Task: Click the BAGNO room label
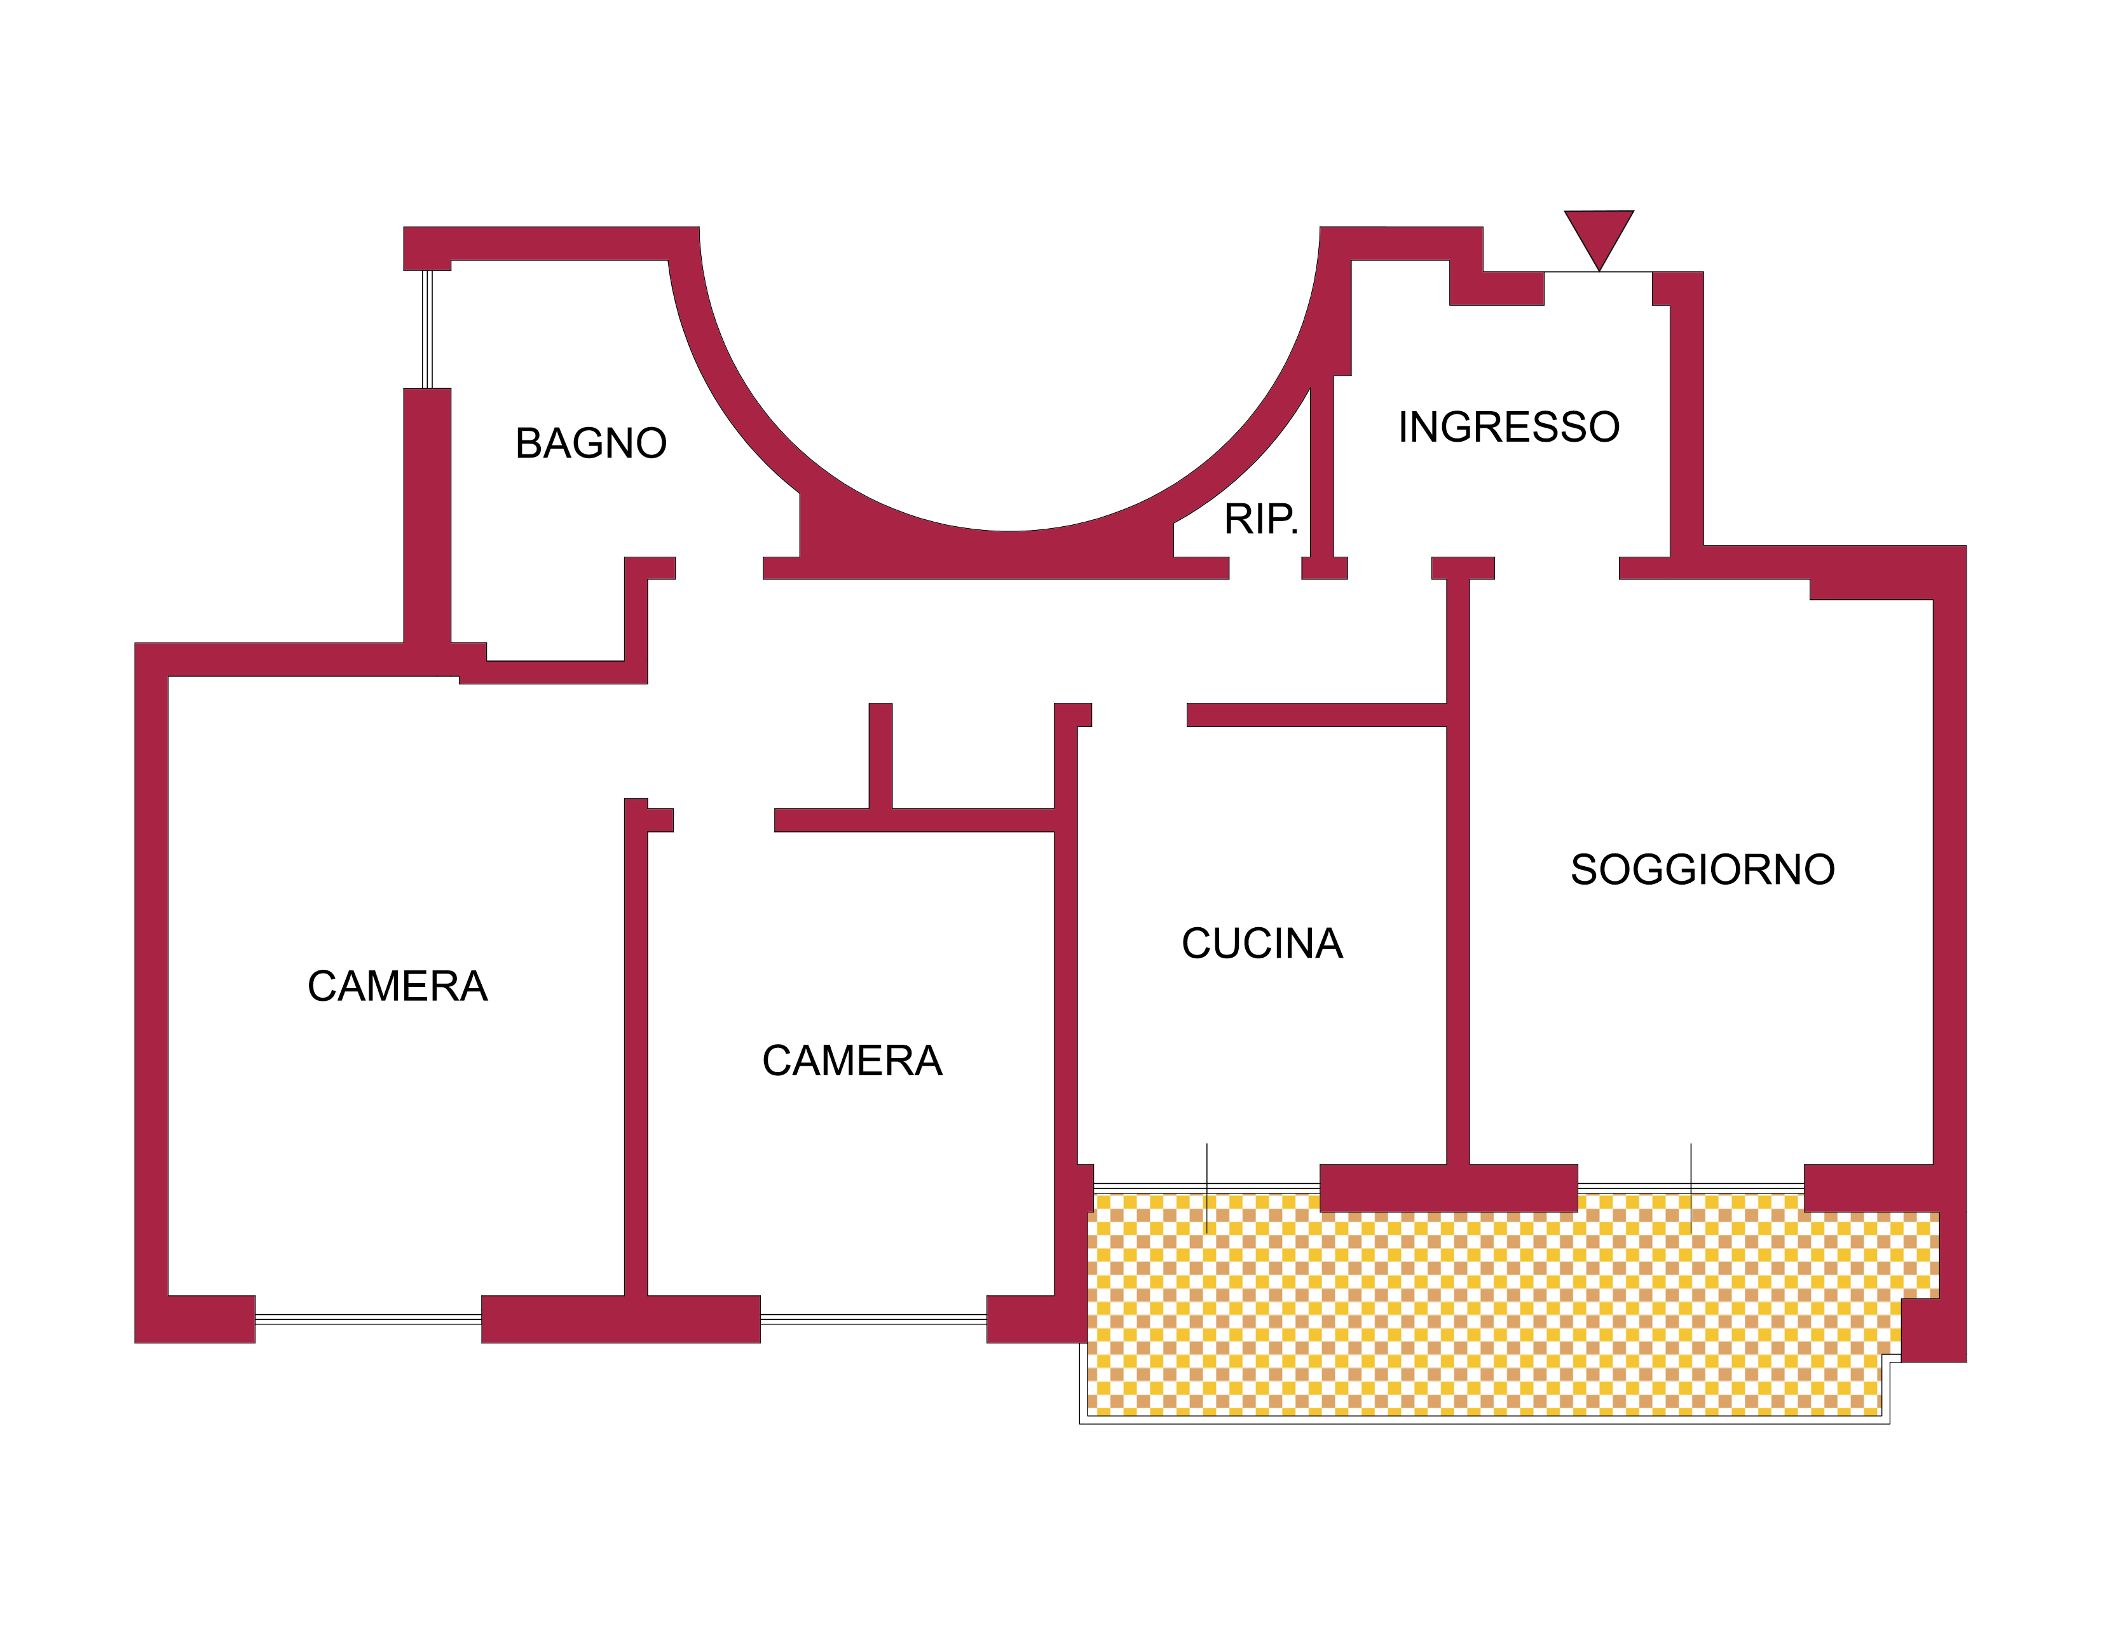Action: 590,444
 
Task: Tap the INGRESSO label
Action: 1508,427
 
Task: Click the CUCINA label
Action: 1262,944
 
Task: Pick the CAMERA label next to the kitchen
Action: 852,1061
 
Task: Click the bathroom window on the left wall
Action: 427,329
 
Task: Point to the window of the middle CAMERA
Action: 873,1319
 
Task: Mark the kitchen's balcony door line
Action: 1206,1188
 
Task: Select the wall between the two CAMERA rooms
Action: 635,1063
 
